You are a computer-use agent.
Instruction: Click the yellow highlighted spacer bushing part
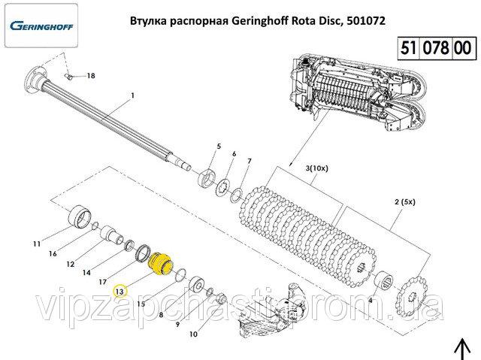click(x=159, y=264)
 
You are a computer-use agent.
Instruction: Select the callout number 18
click(x=91, y=76)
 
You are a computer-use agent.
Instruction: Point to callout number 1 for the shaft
click(x=132, y=95)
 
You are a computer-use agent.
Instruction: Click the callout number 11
click(x=36, y=244)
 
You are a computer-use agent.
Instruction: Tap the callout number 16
click(x=53, y=254)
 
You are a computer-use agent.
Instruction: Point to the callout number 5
click(x=219, y=145)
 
